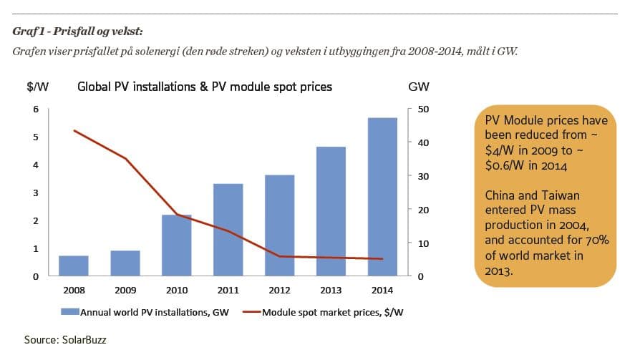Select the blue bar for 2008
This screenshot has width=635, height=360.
click(x=74, y=266)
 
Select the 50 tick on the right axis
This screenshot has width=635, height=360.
click(x=423, y=109)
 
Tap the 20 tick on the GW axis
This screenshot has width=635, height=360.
click(x=423, y=210)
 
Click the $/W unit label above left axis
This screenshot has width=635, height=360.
click(x=37, y=87)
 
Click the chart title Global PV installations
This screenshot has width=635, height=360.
click(x=204, y=87)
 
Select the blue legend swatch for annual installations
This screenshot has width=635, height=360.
click(x=69, y=312)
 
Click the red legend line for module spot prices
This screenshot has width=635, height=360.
click(x=248, y=312)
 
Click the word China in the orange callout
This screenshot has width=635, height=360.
click(x=500, y=195)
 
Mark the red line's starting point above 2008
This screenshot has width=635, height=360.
click(x=74, y=130)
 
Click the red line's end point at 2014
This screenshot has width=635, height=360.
click(x=382, y=259)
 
